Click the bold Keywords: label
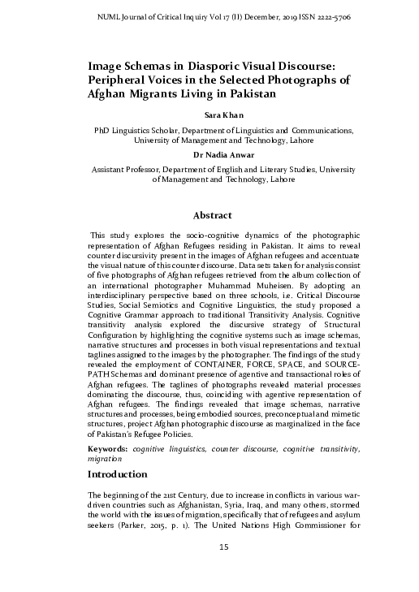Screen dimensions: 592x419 pyautogui.click(x=110, y=448)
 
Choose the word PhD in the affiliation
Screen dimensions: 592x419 pyautogui.click(x=102, y=129)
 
